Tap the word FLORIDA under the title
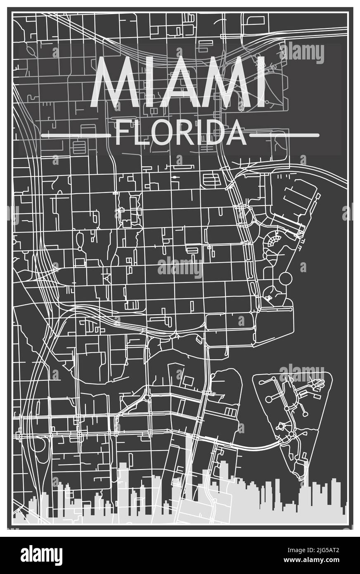point(180,133)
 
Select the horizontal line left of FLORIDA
point(77,135)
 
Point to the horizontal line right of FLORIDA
point(284,135)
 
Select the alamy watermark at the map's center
point(180,268)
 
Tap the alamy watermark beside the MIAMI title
point(302,53)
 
